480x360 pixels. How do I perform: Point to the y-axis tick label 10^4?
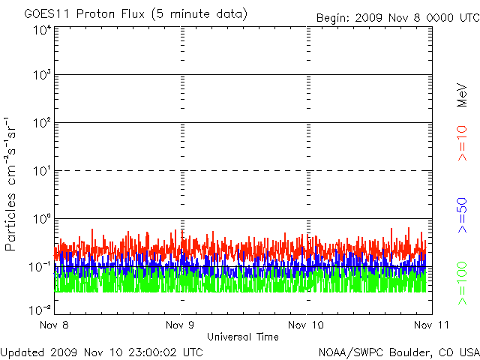41,31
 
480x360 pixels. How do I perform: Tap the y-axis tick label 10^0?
41,220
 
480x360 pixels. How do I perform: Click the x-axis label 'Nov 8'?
55,325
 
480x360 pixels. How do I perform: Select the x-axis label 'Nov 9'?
180,325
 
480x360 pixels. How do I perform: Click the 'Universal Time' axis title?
243,337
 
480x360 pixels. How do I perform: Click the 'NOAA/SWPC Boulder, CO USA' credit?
398,351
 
